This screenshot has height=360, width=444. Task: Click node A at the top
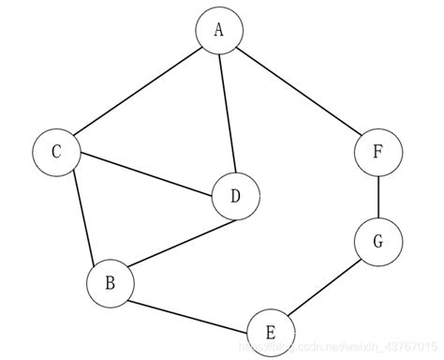coord(219,30)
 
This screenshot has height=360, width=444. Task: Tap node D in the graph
coord(234,197)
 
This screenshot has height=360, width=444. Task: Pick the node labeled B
coord(110,281)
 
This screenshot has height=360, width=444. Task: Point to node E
coord(270,332)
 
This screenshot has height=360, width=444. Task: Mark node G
coord(377,242)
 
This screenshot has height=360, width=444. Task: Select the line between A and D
coord(227,112)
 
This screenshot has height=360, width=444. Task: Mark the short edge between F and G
coord(377,197)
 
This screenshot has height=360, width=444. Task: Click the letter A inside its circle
coord(219,30)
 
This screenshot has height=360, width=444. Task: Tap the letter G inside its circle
coord(377,242)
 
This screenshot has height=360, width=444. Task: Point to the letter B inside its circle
coord(110,281)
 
